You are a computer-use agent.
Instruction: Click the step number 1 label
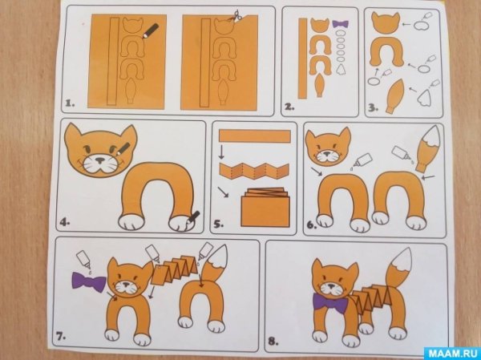coord(71,103)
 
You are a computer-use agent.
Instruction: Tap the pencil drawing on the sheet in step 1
coord(150,31)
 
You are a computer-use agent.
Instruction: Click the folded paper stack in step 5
coord(257,208)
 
